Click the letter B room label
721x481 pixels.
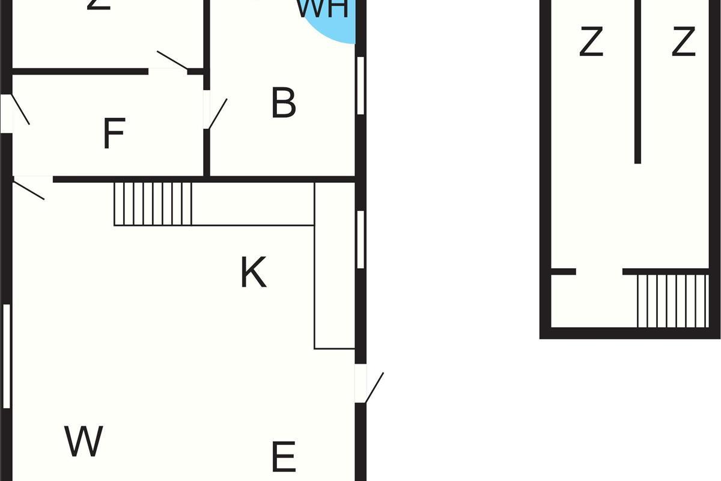(x=284, y=103)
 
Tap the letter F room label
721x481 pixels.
(x=114, y=133)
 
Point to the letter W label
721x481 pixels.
(x=84, y=441)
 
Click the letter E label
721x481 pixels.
(x=284, y=456)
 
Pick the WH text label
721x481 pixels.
(x=323, y=8)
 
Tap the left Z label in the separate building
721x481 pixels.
(x=591, y=43)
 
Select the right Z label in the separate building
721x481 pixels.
(x=683, y=43)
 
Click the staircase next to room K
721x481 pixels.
(x=153, y=204)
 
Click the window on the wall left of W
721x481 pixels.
(x=7, y=357)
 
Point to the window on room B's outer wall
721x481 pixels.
(x=360, y=85)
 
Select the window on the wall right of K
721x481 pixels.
(x=360, y=239)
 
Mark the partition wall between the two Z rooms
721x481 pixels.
(x=637, y=81)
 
